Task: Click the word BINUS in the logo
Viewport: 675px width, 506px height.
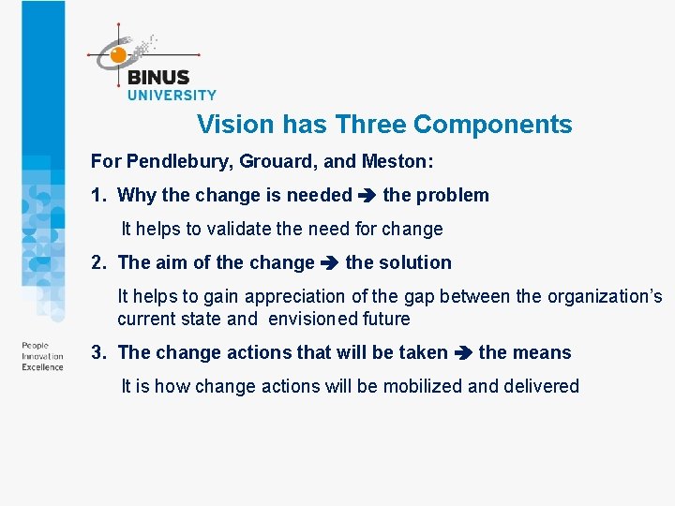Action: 157,78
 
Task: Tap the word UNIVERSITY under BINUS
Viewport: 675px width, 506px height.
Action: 172,95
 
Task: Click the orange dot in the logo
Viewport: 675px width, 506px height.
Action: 118,55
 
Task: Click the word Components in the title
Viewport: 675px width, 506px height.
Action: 492,125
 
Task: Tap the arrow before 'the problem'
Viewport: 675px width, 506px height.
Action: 367,196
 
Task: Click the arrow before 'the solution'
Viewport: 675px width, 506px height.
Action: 330,263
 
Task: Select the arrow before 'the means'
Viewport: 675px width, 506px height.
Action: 463,353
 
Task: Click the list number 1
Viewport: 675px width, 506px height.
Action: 97,196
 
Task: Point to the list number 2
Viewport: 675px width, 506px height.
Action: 97,263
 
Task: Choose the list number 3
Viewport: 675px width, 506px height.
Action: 97,353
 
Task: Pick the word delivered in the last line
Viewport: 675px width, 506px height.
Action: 539,386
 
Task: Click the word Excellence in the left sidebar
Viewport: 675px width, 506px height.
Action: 42,367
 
